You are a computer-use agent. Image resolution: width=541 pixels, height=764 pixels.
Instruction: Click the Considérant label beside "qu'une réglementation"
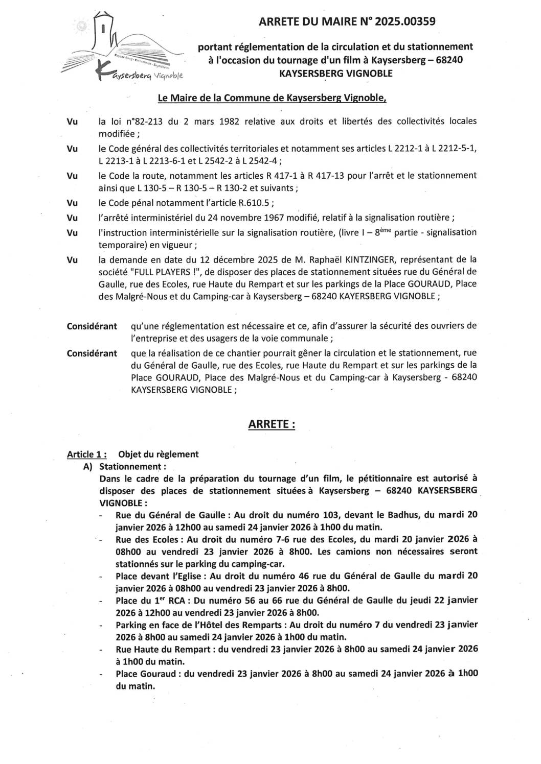pyautogui.click(x=92, y=326)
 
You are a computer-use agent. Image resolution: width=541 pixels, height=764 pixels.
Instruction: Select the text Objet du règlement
pyautogui.click(x=159, y=454)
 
